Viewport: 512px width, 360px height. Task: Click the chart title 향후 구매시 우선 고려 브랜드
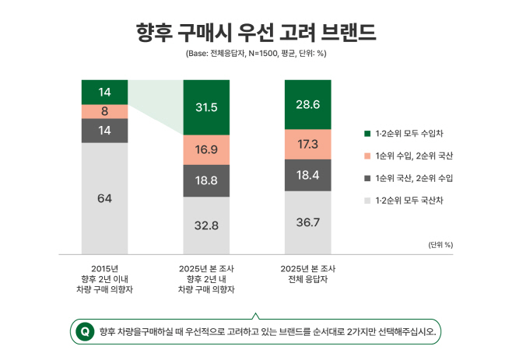click(x=256, y=32)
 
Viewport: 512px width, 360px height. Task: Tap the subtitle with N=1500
click(x=256, y=54)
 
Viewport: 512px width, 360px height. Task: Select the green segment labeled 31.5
click(x=206, y=107)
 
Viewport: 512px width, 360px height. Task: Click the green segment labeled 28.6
click(x=307, y=104)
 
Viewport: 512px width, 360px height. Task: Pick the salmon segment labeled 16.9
click(x=206, y=149)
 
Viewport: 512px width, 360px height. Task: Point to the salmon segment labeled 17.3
click(x=307, y=145)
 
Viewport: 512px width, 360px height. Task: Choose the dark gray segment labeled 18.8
click(x=206, y=180)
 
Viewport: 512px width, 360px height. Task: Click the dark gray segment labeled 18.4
click(x=307, y=176)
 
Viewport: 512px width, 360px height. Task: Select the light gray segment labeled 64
click(x=104, y=198)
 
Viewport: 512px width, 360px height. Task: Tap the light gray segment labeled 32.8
click(x=206, y=225)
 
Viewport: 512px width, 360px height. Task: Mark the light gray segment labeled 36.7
click(x=307, y=222)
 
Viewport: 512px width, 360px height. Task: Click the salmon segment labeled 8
click(x=104, y=111)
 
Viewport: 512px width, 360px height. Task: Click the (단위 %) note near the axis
click(x=440, y=244)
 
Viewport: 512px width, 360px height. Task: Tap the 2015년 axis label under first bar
click(x=104, y=269)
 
